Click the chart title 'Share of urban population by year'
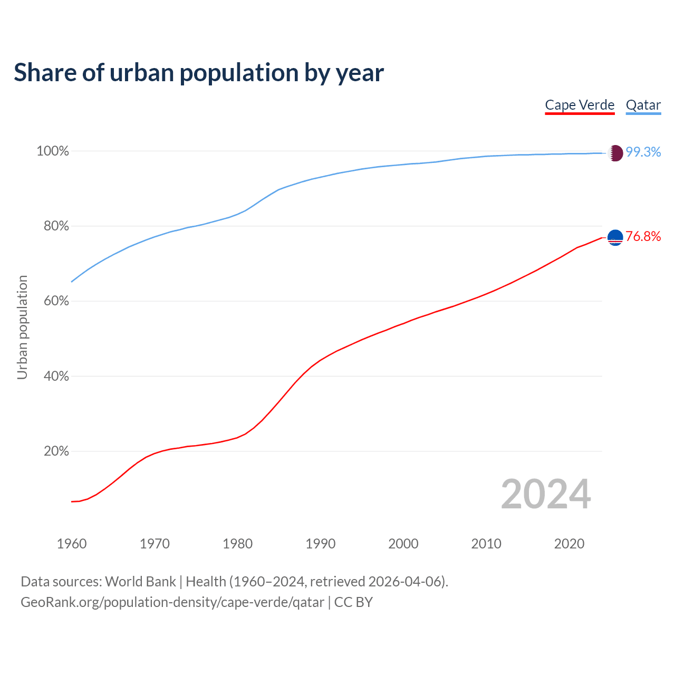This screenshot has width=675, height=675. click(x=199, y=73)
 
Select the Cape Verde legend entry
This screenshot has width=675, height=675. click(x=580, y=105)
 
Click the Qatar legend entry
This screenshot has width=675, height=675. click(x=643, y=105)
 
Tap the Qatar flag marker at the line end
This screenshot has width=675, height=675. click(x=615, y=153)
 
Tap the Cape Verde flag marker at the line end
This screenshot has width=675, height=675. click(x=615, y=238)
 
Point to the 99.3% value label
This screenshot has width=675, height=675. click(x=643, y=152)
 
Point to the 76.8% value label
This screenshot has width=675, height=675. click(x=643, y=237)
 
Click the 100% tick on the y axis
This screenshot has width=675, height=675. click(x=53, y=151)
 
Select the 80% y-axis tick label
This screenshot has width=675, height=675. click(x=56, y=226)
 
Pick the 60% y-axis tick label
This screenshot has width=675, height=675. click(x=56, y=301)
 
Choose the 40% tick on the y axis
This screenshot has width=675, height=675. click(x=56, y=377)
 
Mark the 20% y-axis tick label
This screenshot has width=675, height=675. click(x=56, y=451)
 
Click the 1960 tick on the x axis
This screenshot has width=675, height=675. click(x=72, y=544)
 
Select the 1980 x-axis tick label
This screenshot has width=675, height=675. click(x=238, y=544)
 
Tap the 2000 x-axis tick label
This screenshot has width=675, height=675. click(x=403, y=544)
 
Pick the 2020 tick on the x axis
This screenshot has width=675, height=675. click(x=569, y=544)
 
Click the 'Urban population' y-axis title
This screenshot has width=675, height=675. click(x=22, y=327)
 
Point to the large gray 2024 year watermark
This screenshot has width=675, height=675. click(x=546, y=495)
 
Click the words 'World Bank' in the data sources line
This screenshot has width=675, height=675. click(x=140, y=582)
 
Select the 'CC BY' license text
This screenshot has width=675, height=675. click(x=353, y=602)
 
